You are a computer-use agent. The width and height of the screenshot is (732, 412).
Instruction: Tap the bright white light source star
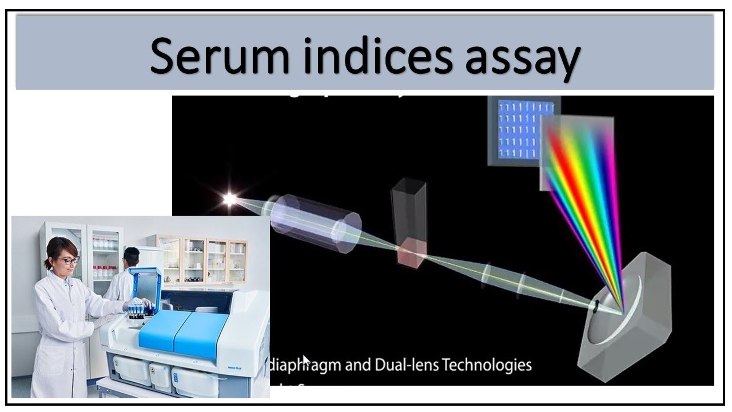click(x=230, y=200)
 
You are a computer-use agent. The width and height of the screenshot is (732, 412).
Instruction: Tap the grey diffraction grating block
click(x=629, y=312)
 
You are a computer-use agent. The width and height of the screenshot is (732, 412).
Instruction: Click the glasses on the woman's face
click(x=69, y=261)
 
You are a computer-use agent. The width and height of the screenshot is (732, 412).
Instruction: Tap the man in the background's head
click(x=132, y=257)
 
